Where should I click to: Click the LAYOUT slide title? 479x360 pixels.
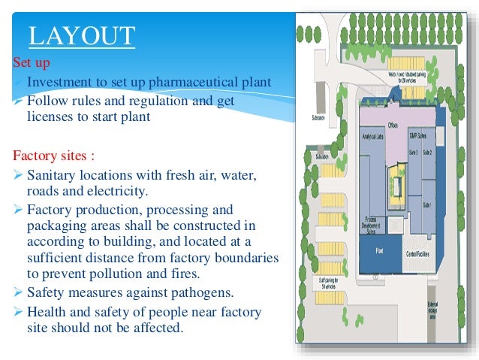click(81, 35)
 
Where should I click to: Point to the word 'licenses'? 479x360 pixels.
click(50, 116)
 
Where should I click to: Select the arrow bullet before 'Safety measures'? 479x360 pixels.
click(20, 292)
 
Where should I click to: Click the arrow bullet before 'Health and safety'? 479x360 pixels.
click(20, 312)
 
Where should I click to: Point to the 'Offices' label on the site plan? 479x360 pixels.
click(392, 126)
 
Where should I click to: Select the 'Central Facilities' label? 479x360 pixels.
click(417, 253)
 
